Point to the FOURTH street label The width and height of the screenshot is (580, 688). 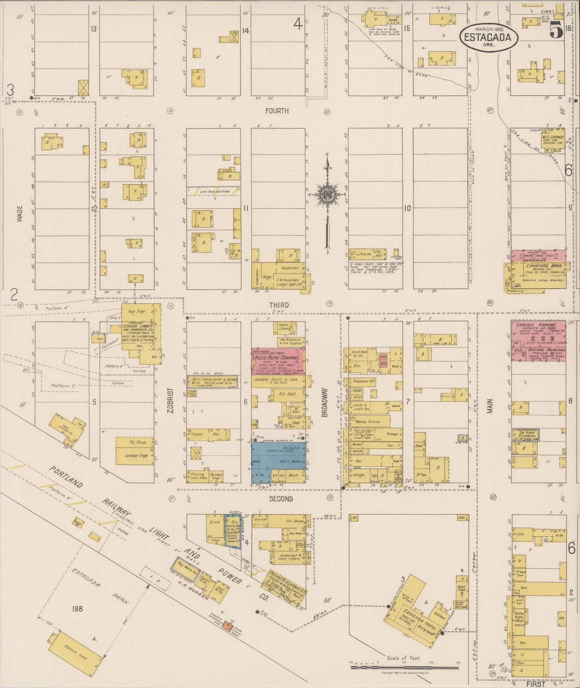(277, 111)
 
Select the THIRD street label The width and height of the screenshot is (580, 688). (279, 305)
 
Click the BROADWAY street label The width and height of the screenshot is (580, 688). (325, 402)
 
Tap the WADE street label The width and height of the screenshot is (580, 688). (20, 214)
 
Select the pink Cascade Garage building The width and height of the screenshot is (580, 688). (538, 340)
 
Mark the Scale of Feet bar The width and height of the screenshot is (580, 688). (405, 668)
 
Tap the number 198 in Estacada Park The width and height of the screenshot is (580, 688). (77, 609)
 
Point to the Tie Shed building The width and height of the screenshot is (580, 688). (134, 442)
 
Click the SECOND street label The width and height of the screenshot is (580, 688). (281, 499)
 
